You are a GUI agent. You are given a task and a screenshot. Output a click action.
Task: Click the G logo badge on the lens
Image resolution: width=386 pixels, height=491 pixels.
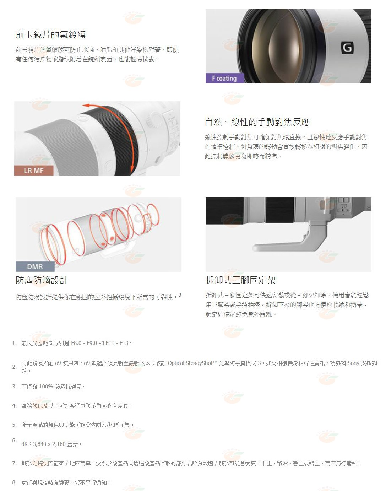coord(347,48)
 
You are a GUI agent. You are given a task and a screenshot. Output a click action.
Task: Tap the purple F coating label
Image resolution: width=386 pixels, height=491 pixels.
coord(225,78)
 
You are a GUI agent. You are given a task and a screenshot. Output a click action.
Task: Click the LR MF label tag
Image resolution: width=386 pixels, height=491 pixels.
coord(34,171)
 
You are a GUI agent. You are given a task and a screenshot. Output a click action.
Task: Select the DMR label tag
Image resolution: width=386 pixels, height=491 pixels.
coord(35,266)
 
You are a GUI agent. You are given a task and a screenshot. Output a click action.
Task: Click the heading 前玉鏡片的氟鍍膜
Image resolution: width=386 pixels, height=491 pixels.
coord(51,35)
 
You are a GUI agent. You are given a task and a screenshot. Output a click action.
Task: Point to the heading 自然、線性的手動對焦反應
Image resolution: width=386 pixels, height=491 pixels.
coord(257,122)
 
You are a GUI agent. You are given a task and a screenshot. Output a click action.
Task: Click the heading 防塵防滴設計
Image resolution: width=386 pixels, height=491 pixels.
coord(42,280)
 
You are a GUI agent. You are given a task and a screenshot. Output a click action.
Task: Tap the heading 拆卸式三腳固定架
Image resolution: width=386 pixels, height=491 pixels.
coord(241,280)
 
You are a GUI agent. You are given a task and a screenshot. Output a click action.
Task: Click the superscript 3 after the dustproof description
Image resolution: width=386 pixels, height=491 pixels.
coord(180,295)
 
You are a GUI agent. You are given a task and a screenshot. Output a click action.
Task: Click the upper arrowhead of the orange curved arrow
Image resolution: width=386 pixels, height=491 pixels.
coord(86,106)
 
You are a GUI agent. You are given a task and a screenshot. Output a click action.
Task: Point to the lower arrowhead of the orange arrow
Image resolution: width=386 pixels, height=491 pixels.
coord(132,171)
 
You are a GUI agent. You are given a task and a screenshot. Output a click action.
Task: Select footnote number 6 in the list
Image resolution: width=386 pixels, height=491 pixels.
coord(14,440)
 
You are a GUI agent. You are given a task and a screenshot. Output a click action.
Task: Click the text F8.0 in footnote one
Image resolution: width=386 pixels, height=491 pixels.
coord(76,343)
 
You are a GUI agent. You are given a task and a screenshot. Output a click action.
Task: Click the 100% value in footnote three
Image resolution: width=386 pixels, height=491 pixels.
coord(46,387)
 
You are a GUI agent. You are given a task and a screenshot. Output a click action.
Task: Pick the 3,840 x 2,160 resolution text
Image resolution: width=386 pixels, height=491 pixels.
coord(49,444)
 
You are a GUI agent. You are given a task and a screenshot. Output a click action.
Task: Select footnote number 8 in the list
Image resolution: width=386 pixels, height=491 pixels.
coord(14,482)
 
